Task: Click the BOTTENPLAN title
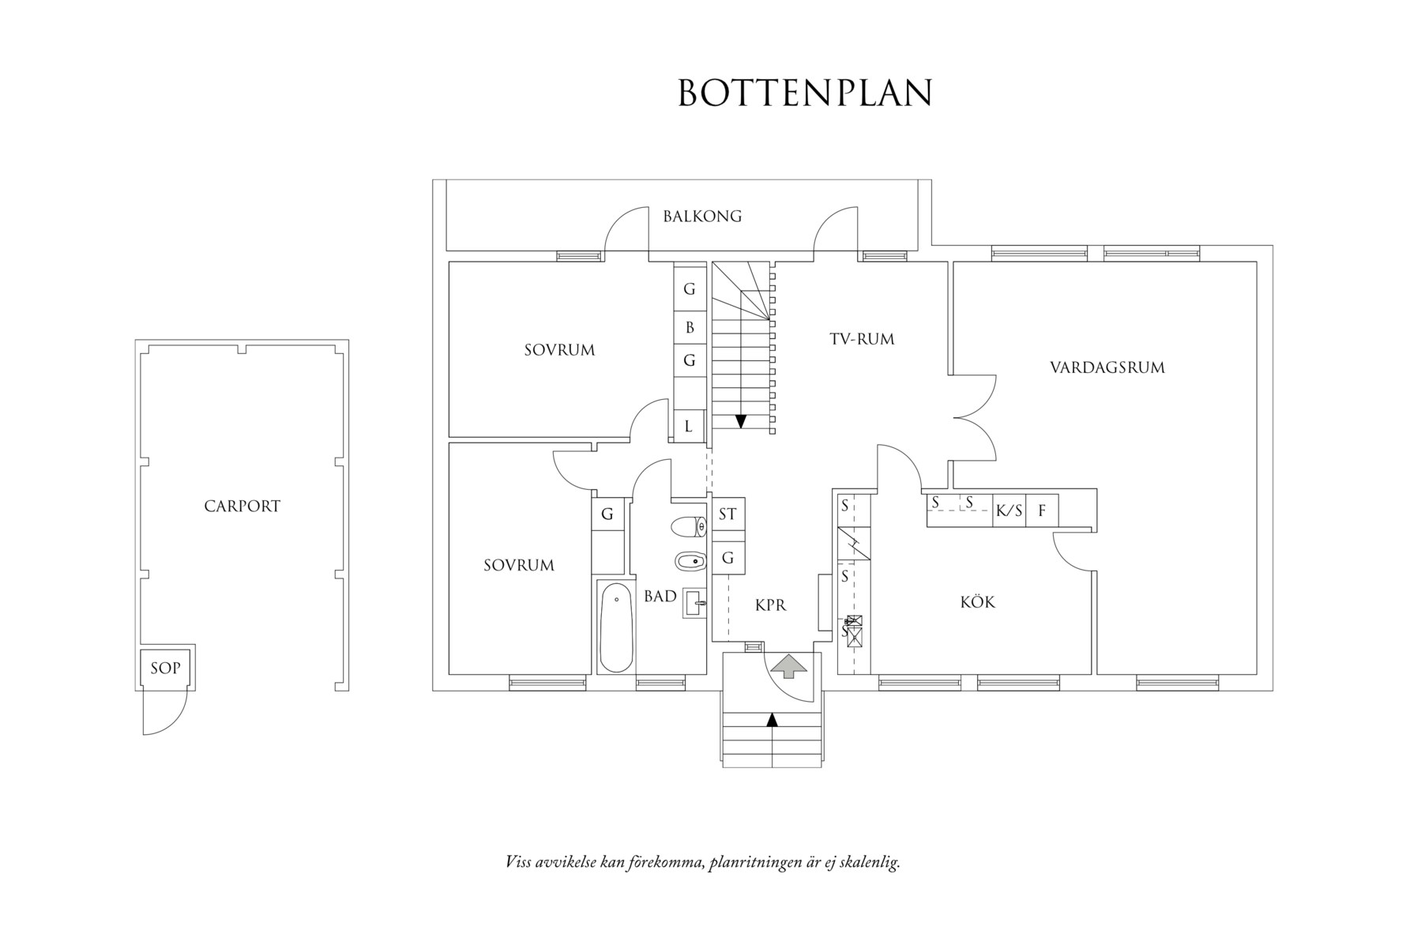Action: click(x=805, y=92)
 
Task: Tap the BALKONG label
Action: click(x=702, y=216)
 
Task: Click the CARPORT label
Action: click(x=242, y=506)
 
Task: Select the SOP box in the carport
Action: click(x=165, y=669)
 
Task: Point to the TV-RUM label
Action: click(x=862, y=339)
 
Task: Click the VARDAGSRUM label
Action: click(x=1107, y=367)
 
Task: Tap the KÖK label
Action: click(x=977, y=602)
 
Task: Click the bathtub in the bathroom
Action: click(x=615, y=629)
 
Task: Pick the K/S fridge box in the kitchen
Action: click(x=1008, y=511)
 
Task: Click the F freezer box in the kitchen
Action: click(x=1042, y=511)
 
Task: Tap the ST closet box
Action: click(x=727, y=514)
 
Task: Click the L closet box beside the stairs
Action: click(x=689, y=427)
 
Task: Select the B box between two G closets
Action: click(x=689, y=326)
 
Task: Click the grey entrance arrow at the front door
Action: click(x=788, y=665)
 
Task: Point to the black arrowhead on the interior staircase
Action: click(x=740, y=421)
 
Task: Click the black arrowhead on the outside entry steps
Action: click(x=772, y=719)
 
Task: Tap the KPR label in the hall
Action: click(x=770, y=605)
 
